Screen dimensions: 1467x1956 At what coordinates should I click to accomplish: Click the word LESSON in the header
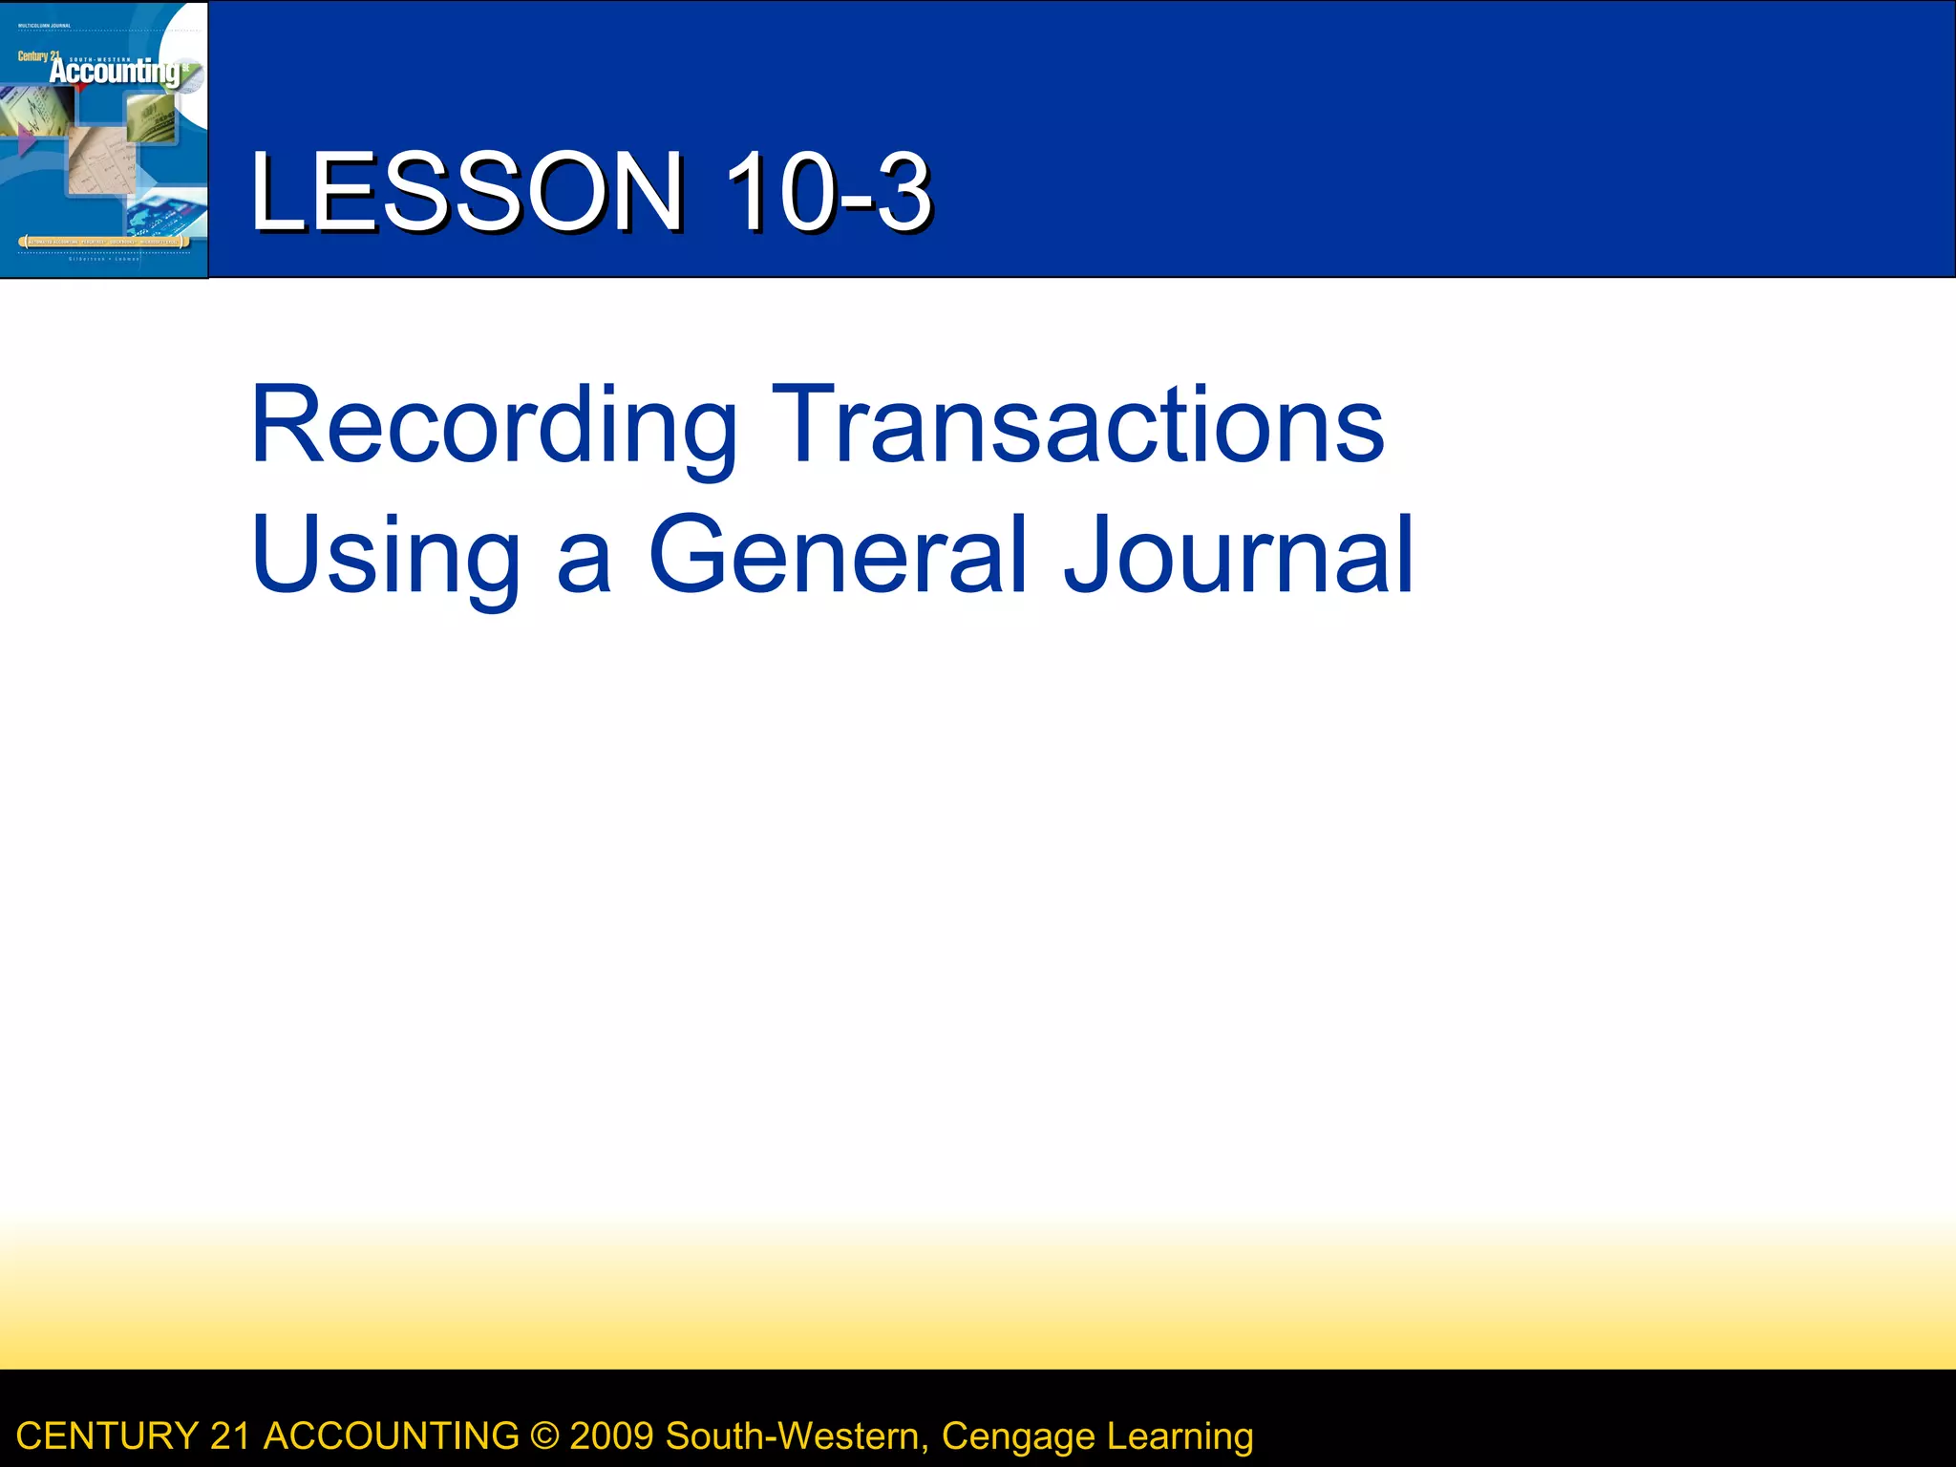[x=466, y=192]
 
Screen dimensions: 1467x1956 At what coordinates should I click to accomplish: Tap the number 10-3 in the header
[x=827, y=192]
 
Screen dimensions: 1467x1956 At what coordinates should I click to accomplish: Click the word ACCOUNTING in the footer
[x=391, y=1436]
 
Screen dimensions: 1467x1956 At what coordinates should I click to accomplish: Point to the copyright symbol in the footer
[x=544, y=1436]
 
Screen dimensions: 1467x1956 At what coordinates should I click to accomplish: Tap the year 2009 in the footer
[x=611, y=1436]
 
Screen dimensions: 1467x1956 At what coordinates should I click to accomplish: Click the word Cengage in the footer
[x=1018, y=1436]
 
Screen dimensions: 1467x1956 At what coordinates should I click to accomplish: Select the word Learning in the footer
[x=1180, y=1436]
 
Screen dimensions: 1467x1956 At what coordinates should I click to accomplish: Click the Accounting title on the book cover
[x=115, y=72]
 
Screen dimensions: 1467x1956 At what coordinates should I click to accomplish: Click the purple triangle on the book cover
[x=27, y=141]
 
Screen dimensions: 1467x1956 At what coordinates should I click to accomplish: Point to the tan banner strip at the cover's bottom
[x=103, y=243]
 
